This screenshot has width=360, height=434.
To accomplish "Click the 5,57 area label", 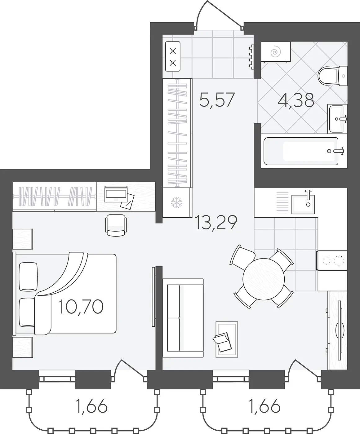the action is [x=217, y=100].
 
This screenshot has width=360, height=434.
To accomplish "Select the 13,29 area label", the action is [x=216, y=222].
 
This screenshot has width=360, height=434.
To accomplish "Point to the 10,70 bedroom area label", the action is [x=81, y=307].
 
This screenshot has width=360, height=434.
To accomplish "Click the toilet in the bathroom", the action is [x=332, y=76].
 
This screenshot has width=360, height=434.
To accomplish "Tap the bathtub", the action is [x=301, y=151].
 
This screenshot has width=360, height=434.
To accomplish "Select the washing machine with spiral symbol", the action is [x=276, y=52].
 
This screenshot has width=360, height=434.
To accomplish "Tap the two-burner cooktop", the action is [x=332, y=260].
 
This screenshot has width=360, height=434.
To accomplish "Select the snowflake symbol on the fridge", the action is [x=176, y=203].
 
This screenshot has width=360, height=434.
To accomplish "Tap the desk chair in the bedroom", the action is [x=116, y=225].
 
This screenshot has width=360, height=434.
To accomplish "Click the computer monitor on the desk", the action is [x=116, y=194].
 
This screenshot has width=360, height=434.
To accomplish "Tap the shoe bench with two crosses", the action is [x=173, y=56].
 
